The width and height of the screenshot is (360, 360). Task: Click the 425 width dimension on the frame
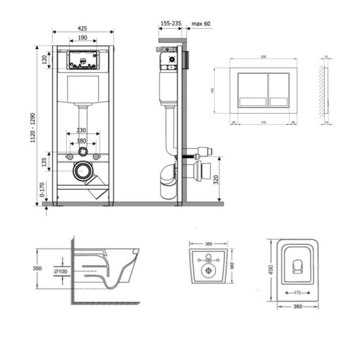82,28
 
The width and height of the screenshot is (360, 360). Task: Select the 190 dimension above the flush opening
82,39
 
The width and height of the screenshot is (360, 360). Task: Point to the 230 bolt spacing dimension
82,130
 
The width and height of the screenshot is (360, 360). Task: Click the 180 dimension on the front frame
82,140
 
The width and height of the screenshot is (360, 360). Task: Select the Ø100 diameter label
60,270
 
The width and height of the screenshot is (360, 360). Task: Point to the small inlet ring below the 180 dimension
82,151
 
